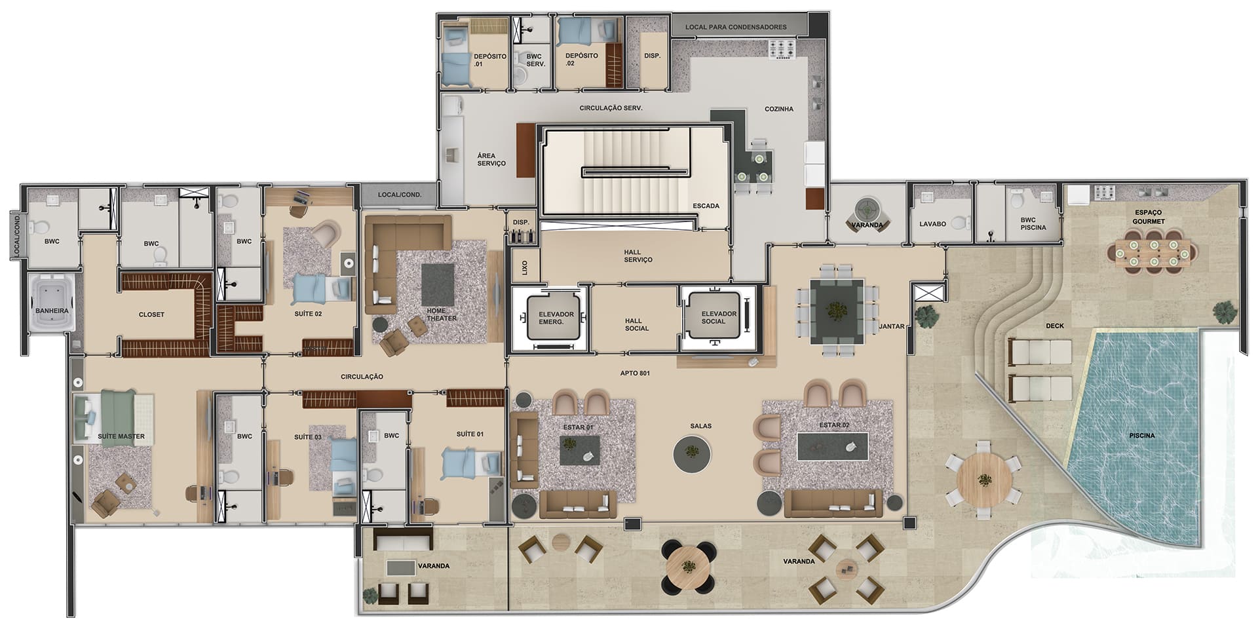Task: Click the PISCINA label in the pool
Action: point(1141,435)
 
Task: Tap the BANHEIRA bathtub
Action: point(52,303)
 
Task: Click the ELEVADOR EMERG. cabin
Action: point(556,318)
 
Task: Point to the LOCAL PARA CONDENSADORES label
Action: point(736,28)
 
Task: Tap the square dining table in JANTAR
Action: point(836,311)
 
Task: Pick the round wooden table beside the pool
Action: point(984,479)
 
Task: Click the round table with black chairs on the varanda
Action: point(688,565)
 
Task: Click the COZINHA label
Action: point(779,109)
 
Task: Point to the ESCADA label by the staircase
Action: point(706,206)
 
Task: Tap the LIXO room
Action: point(524,267)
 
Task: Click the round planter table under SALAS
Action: point(693,453)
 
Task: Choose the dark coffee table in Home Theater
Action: point(438,285)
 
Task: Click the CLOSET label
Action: point(151,314)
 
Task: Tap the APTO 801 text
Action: point(635,373)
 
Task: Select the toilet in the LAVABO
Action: point(962,223)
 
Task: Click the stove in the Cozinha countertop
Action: point(781,49)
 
